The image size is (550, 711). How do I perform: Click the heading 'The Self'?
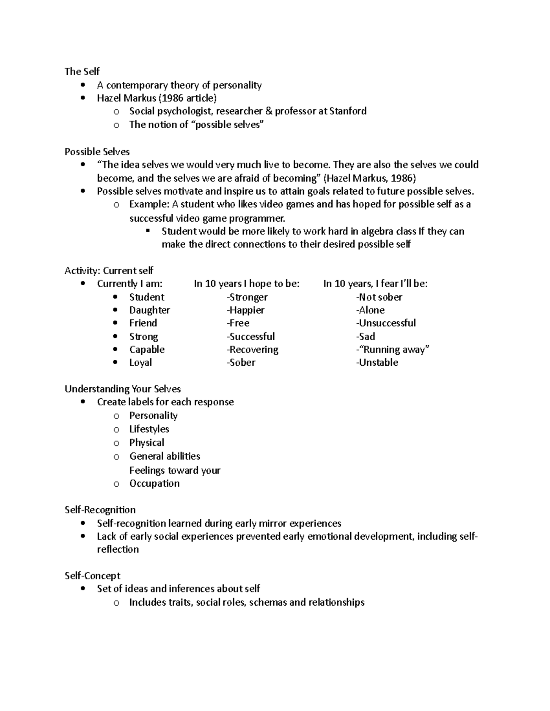(x=82, y=71)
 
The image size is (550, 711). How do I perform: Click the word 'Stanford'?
(x=348, y=111)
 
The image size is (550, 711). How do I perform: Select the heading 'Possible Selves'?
(x=97, y=152)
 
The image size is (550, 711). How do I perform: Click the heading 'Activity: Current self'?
(x=109, y=271)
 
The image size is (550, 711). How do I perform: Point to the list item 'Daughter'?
(x=149, y=310)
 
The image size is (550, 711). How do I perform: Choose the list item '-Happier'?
(x=245, y=310)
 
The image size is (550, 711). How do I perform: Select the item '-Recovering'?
(x=252, y=350)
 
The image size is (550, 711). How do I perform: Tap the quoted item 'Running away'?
(x=393, y=350)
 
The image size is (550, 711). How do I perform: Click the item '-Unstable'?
(x=377, y=363)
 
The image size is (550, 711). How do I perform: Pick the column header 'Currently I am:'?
(x=130, y=284)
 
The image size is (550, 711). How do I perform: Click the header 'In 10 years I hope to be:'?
(x=247, y=284)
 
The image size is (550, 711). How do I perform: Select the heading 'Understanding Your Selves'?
(x=122, y=389)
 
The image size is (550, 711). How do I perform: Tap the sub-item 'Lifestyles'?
(x=149, y=429)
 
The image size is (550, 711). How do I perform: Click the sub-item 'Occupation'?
(x=154, y=483)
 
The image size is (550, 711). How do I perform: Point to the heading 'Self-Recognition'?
(x=100, y=510)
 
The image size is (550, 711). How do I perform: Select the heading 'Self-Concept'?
(x=92, y=576)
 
